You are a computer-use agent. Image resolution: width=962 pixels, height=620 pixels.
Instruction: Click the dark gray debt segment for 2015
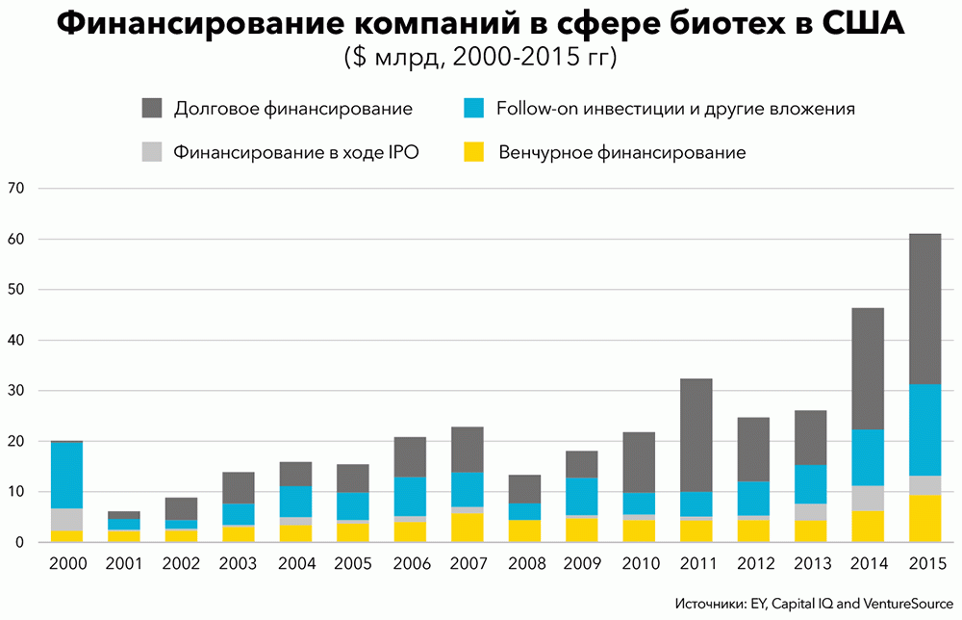[x=924, y=308]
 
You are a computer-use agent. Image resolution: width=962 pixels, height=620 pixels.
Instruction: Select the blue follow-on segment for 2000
[x=66, y=475]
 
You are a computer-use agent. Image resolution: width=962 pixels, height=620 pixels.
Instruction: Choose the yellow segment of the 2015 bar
[x=924, y=518]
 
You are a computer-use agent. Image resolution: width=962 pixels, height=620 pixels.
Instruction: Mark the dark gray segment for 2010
[x=639, y=462]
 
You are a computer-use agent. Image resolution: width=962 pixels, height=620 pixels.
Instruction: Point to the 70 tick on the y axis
[x=16, y=189]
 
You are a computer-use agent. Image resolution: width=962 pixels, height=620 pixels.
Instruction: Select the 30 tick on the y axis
[x=16, y=391]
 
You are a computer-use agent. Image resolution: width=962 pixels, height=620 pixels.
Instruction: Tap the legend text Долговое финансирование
[x=292, y=109]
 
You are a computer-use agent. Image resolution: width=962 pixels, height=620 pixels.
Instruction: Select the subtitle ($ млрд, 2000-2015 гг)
[x=480, y=58]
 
